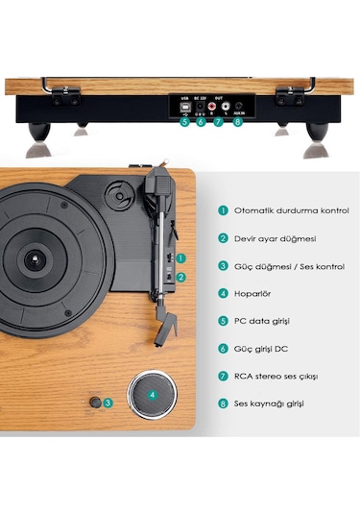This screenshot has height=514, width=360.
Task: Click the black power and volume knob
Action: pos(95,404)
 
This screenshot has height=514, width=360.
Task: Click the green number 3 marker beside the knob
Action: pos(108,404)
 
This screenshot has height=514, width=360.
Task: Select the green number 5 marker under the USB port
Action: pos(184,121)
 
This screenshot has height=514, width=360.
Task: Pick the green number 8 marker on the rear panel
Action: pos(237,121)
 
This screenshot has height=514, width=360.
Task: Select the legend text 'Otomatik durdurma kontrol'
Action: pos(291,209)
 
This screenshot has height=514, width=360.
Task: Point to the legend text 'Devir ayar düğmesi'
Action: pos(276,237)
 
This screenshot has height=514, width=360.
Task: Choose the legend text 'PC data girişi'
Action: pos(264,320)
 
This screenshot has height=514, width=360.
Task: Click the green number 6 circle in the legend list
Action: pos(223,348)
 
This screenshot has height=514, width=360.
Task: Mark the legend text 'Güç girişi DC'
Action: pos(262,348)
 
